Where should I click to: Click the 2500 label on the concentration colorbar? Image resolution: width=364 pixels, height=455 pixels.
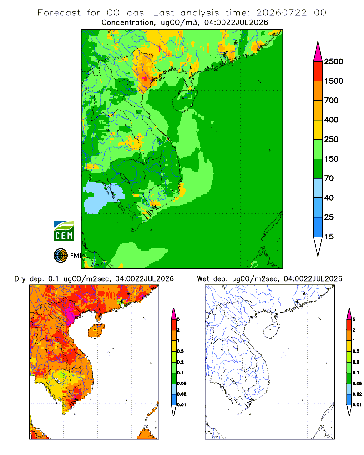(334, 61)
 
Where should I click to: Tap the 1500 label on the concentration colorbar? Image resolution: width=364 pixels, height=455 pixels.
(334, 81)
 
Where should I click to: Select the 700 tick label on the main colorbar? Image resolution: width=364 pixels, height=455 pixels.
(331, 101)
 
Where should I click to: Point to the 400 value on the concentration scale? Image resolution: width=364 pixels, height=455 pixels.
(331, 120)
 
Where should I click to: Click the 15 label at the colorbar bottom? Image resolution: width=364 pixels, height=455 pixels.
(329, 237)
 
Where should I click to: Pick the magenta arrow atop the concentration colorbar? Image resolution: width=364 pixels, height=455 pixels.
(318, 52)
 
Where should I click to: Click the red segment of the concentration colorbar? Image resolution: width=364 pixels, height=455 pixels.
(318, 71)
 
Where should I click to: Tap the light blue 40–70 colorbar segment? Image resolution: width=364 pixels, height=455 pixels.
(318, 188)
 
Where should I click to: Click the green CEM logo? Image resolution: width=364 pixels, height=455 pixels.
(64, 231)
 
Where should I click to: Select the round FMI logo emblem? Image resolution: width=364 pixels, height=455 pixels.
(61, 256)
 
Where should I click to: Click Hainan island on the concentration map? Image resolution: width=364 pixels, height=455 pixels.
(185, 100)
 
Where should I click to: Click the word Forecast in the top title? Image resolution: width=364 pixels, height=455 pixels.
(59, 13)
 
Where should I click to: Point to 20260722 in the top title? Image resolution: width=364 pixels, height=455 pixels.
(281, 13)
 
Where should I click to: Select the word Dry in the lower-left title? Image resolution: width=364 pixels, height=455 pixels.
(20, 279)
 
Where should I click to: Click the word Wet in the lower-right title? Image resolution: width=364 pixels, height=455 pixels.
(203, 279)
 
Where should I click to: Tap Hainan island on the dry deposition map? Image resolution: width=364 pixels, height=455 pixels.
(96, 331)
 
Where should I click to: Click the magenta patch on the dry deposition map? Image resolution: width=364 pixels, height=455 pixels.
(69, 314)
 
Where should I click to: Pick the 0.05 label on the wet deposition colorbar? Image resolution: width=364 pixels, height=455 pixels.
(357, 383)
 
